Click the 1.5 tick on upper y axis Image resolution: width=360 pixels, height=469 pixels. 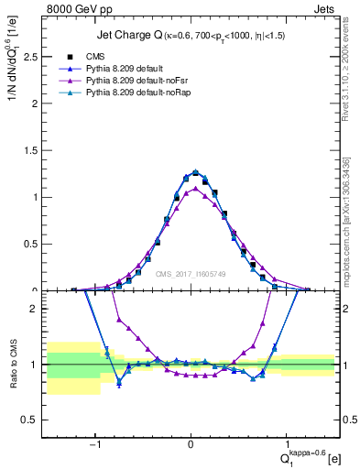(x=37, y=150)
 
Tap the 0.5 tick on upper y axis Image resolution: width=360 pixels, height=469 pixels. (x=37, y=245)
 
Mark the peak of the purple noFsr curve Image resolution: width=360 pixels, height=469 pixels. (x=191, y=189)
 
